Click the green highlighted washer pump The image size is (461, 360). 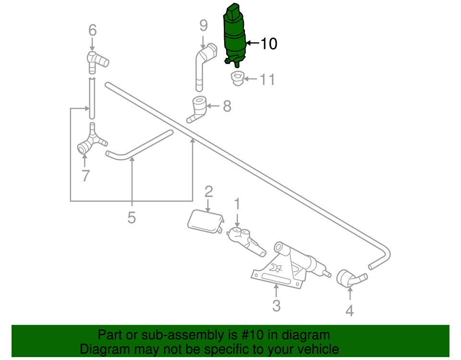pyautogui.click(x=234, y=36)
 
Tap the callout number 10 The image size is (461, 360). pyautogui.click(x=268, y=44)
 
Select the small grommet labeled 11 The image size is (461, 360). pyautogui.click(x=237, y=78)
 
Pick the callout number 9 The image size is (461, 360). pyautogui.click(x=203, y=25)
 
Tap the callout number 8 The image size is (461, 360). pyautogui.click(x=227, y=106)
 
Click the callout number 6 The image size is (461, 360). pyautogui.click(x=92, y=30)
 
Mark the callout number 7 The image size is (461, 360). pyautogui.click(x=85, y=176)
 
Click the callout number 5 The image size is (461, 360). pyautogui.click(x=132, y=218)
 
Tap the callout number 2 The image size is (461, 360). pyautogui.click(x=208, y=192)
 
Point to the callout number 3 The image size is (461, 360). pyautogui.click(x=276, y=305)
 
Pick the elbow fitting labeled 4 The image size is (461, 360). pyautogui.click(x=351, y=278)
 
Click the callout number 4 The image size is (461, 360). pyautogui.click(x=350, y=311)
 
